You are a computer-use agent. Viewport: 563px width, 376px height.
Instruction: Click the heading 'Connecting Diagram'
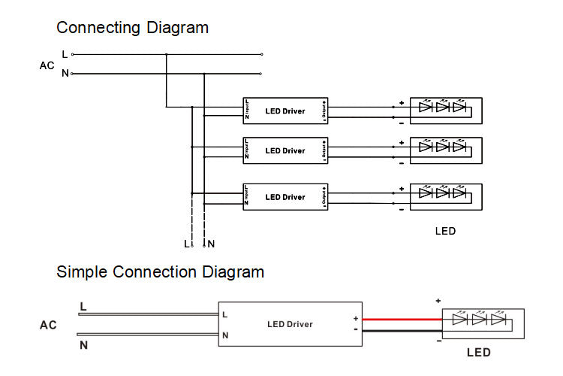point(132,28)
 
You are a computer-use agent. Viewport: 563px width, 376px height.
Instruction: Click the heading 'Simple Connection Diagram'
point(160,271)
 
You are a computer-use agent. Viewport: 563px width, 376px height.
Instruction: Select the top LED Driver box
point(285,111)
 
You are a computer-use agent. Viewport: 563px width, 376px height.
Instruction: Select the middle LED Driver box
point(285,150)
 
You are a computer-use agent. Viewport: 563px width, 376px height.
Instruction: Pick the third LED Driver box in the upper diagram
point(285,197)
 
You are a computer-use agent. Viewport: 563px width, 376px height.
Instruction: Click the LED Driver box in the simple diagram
point(290,324)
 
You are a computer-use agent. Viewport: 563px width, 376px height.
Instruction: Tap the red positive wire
point(402,319)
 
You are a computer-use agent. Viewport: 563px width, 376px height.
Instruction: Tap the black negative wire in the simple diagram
point(402,330)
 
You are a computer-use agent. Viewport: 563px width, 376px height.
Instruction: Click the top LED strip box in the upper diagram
point(443,110)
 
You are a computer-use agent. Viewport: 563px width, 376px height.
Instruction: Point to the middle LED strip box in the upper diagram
point(443,150)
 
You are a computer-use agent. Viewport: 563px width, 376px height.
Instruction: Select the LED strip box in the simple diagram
point(482,324)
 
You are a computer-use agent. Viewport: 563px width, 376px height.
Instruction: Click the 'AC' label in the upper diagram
point(47,65)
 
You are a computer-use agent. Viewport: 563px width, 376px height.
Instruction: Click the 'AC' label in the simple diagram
point(48,326)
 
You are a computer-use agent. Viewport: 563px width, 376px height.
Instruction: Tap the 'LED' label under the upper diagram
point(445,231)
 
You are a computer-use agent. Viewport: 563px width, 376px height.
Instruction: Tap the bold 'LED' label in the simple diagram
point(479,353)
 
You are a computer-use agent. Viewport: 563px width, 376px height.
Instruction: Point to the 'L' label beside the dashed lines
point(186,244)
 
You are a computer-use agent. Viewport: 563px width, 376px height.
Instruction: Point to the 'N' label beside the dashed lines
point(212,244)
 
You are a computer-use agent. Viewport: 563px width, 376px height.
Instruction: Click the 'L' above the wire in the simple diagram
point(83,306)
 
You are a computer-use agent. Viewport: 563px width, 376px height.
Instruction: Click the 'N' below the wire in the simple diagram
point(83,345)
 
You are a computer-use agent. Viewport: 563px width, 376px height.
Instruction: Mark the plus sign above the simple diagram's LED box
point(438,301)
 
